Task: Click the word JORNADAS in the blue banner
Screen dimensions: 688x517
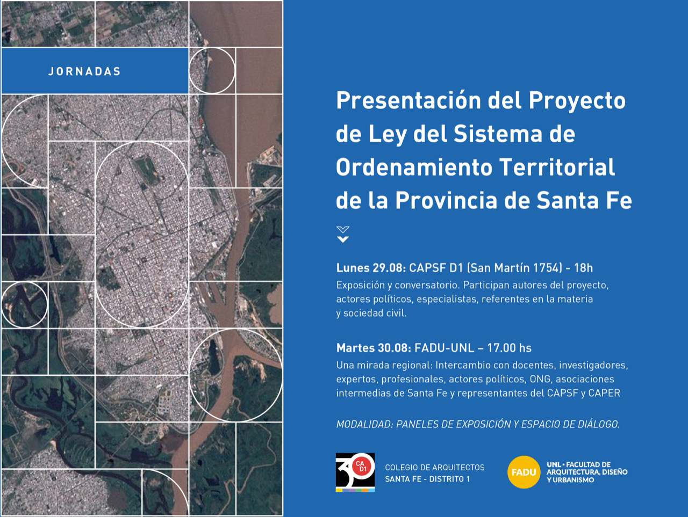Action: [x=84, y=71]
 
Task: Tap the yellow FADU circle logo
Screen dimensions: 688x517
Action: [x=524, y=472]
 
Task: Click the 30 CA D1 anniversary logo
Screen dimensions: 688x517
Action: [x=355, y=472]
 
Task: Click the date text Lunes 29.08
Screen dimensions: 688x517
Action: [x=371, y=268]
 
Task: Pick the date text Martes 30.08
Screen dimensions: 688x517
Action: [x=374, y=348]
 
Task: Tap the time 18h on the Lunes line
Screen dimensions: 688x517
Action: [x=583, y=268]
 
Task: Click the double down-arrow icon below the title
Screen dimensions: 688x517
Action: [x=343, y=235]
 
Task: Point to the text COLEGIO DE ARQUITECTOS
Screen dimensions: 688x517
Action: [x=435, y=468]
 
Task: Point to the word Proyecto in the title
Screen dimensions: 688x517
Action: [x=577, y=101]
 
